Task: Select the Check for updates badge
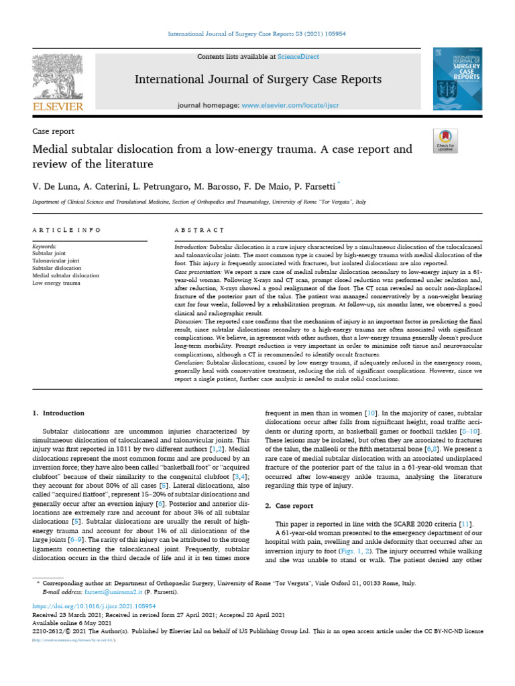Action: tap(445, 140)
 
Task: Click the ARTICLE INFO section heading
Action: tap(66, 230)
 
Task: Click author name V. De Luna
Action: tap(53, 184)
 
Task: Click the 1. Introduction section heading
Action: tap(59, 413)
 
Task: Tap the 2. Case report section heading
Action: tap(296, 487)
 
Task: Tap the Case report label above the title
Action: tap(53, 131)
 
